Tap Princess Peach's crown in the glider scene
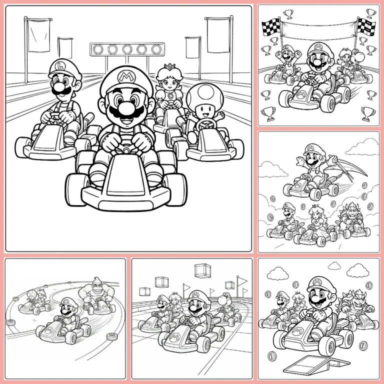pyautogui.click(x=315, y=206)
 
